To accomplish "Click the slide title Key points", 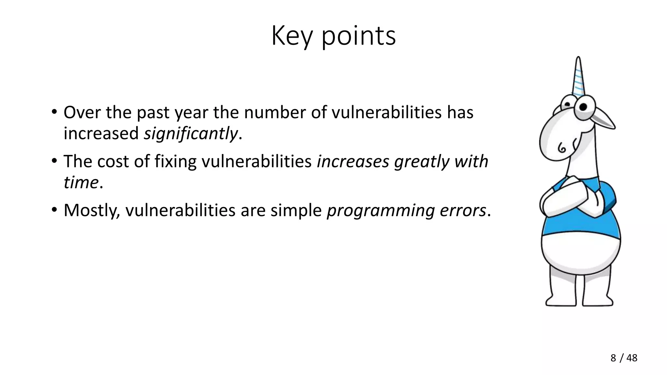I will tap(333, 36).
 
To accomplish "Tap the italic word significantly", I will tap(191, 133).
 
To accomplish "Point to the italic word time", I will tap(81, 182).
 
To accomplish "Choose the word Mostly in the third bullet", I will tap(92, 210).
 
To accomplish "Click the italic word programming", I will tap(380, 211).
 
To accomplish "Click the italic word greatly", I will tap(422, 162).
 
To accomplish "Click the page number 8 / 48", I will tap(624, 358).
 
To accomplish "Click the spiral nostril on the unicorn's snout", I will tap(562, 148).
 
